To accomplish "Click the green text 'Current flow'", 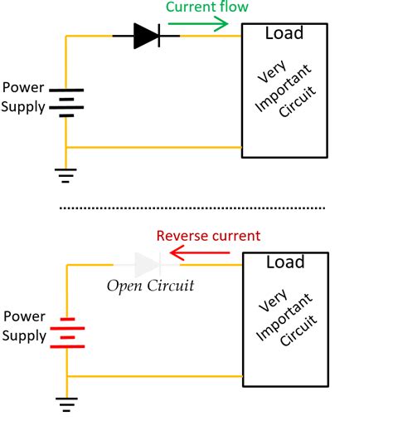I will pos(207,7).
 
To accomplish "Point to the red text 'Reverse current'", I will pos(208,236).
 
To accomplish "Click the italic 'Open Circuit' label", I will pos(150,286).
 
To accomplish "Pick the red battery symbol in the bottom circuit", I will pos(65,332).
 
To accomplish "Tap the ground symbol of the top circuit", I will pos(65,174).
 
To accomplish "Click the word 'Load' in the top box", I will pos(284,34).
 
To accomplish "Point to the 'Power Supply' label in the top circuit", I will pos(23,97).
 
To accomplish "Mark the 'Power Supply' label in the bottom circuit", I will pos(23,326).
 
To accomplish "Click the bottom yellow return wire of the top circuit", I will pos(153,148).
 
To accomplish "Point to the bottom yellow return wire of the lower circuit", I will pos(153,377).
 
